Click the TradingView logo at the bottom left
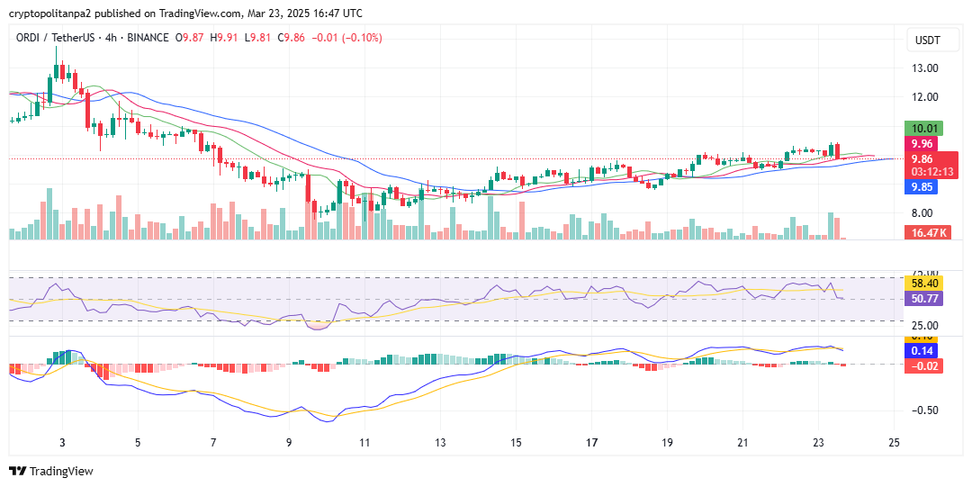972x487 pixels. pyautogui.click(x=50, y=471)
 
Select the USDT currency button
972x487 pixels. pyautogui.click(x=927, y=41)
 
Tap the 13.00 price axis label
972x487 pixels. pyautogui.click(x=925, y=68)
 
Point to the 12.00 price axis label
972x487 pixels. pyautogui.click(x=925, y=97)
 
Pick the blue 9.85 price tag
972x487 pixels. pyautogui.click(x=924, y=187)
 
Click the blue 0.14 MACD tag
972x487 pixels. pyautogui.click(x=924, y=351)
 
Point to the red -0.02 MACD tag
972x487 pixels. pyautogui.click(x=924, y=365)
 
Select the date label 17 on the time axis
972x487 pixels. pyautogui.click(x=591, y=443)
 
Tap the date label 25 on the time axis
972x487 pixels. pyautogui.click(x=894, y=443)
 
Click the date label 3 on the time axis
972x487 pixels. pyautogui.click(x=62, y=443)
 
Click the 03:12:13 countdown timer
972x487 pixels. pyautogui.click(x=931, y=171)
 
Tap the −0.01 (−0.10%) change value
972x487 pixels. pyautogui.click(x=346, y=38)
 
